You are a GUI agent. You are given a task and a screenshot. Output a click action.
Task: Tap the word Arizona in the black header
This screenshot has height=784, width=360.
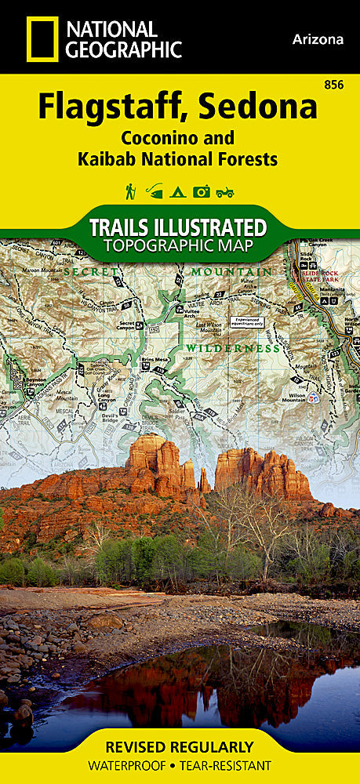(x=318, y=39)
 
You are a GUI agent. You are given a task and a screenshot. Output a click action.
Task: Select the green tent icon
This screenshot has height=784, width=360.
(x=178, y=191)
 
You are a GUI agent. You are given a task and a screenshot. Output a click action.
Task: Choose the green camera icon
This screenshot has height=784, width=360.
(x=202, y=191)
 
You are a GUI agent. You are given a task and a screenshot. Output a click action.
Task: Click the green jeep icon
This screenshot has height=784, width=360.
(x=225, y=191)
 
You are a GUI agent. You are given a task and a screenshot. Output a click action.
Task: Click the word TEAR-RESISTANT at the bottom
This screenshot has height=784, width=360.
(x=231, y=765)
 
